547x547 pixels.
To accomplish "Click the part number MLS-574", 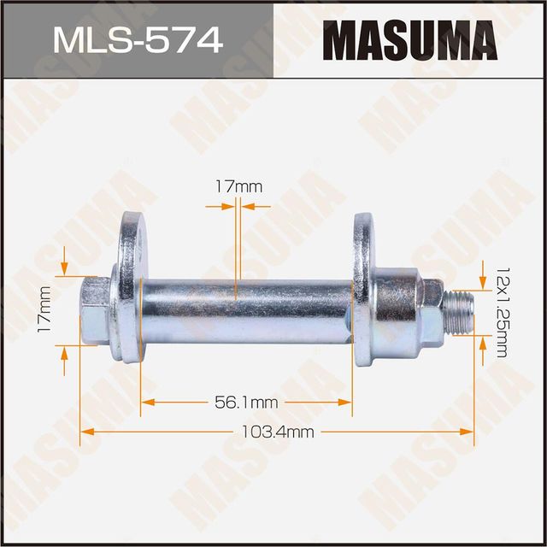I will coord(136,39).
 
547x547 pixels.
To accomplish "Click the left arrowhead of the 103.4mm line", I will coord(85,432).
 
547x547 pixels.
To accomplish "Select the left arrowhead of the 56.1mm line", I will coord(146,400).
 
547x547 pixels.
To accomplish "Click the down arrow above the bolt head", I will coord(65,268).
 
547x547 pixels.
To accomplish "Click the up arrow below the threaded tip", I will coord(485,343).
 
